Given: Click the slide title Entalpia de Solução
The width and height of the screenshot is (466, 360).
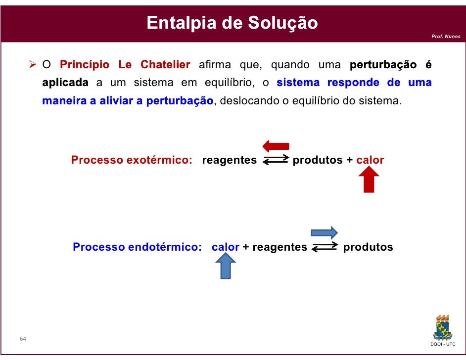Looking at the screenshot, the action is point(232,23).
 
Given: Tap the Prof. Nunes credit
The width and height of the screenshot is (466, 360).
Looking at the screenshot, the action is point(446,37).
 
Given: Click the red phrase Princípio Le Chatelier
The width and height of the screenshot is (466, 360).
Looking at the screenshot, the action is point(125,65).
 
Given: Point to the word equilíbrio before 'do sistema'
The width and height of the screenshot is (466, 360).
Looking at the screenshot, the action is point(316,101).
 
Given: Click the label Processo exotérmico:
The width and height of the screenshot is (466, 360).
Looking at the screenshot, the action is point(132,160).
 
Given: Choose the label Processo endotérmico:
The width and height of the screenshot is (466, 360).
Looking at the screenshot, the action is point(137,247).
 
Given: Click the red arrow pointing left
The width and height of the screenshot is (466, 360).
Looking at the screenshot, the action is point(276,146).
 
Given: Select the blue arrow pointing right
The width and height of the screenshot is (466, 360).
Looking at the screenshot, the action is point(324,232).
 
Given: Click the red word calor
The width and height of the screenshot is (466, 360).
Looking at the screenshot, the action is point(370,160).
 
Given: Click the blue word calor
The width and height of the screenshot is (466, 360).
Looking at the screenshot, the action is point(226,247).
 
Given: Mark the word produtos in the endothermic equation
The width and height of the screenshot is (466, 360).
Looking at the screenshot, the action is point(368,247).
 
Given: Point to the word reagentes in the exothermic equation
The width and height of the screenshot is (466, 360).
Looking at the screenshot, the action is point(230,160).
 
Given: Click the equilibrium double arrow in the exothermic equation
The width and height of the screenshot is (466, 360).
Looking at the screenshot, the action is point(275,160).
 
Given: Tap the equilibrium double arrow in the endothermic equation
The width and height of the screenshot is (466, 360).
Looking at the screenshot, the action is point(325,247).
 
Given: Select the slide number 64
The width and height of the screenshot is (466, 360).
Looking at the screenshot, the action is point(23,339).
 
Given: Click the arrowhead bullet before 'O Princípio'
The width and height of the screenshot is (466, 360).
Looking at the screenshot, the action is point(33,65).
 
